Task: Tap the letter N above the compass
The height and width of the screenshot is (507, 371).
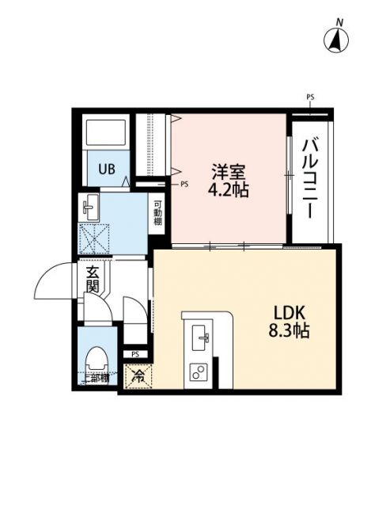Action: [x=338, y=21]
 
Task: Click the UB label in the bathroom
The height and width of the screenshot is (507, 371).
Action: [x=105, y=168]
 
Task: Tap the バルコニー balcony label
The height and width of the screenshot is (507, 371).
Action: [x=311, y=177]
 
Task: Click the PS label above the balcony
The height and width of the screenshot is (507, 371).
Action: [x=309, y=97]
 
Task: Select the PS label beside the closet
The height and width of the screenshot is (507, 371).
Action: [x=184, y=185]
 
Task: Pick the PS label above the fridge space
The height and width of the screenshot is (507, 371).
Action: [x=135, y=354]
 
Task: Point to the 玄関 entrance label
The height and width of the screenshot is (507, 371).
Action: [x=93, y=279]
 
